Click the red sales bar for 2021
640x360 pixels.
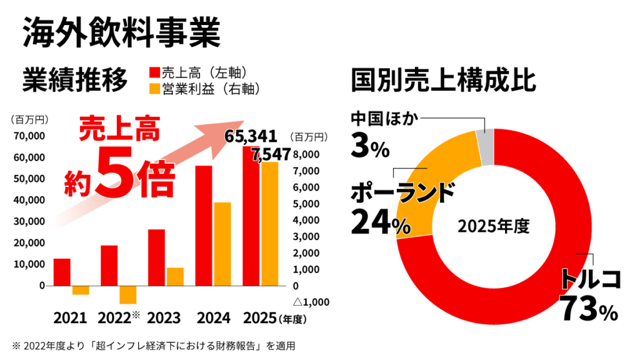(62, 272)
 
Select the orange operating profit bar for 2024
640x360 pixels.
(222, 244)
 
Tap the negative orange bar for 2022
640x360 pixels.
(127, 295)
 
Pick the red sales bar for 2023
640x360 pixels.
(156, 257)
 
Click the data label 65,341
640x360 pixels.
(251, 136)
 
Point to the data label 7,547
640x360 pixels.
(271, 155)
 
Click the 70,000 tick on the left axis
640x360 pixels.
(29, 136)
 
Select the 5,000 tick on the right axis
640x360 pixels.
(306, 204)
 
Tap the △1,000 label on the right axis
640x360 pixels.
(311, 302)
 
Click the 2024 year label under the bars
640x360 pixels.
(214, 318)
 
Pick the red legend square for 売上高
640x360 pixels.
(155, 72)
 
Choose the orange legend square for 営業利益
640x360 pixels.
(155, 89)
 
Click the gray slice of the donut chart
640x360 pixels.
(486, 147)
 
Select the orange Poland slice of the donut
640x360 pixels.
(432, 184)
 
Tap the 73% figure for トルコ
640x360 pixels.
(589, 309)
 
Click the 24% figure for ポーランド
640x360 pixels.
(381, 222)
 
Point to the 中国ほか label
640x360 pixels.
(385, 118)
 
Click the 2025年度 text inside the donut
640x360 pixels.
(494, 226)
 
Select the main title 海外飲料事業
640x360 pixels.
(122, 32)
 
